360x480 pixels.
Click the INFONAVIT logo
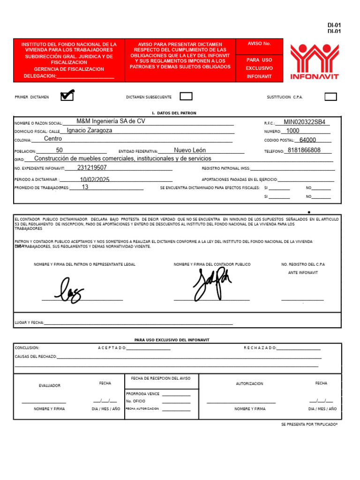tap(314, 61)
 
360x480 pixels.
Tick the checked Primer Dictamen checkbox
tap(67, 96)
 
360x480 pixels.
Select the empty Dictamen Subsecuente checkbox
tap(186, 97)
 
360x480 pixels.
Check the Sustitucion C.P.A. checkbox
tap(330, 97)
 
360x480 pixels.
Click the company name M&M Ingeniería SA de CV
tap(111, 121)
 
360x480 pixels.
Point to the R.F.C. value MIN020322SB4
tap(304, 122)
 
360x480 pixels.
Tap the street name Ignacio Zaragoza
tap(90, 131)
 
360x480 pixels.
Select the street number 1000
tap(292, 131)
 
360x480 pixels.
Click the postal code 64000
tap(307, 140)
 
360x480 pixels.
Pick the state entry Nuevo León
tap(190, 150)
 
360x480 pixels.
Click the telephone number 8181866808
tap(304, 150)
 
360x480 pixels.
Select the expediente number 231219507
tap(92, 168)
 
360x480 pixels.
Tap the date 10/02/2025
tap(95, 180)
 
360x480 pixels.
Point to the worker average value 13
tap(85, 187)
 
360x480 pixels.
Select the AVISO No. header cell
tap(259, 44)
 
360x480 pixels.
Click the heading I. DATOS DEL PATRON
tap(174, 113)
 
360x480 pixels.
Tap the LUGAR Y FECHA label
tap(29, 322)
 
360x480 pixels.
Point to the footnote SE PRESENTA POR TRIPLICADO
tap(309, 424)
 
